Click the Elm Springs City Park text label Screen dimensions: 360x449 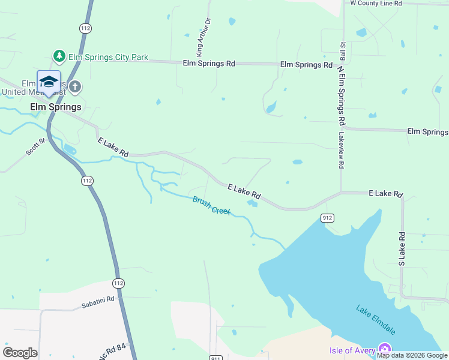point(108,58)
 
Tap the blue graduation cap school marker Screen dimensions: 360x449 point(48,83)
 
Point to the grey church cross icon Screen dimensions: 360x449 point(75,87)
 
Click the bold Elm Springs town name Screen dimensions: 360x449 point(56,107)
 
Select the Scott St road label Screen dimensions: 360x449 point(35,146)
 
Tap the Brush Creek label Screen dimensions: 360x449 point(212,206)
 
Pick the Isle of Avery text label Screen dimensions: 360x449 point(352,350)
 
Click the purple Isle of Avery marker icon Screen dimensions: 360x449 point(384,350)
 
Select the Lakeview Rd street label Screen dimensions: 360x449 point(340,150)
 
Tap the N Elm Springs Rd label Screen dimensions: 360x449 point(341,95)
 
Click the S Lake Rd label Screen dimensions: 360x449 point(402,250)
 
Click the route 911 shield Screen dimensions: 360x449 point(217,358)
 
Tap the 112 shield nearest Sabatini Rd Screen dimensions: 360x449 point(118,283)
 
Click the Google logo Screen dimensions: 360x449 point(20,353)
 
